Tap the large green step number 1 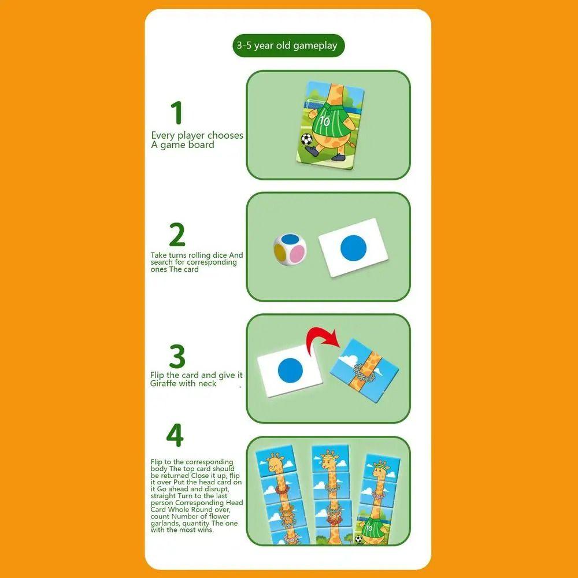click(176, 113)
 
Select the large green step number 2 click(177, 235)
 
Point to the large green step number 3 click(177, 357)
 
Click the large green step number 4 click(175, 435)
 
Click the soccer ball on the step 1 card click(306, 140)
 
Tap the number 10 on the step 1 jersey click(324, 122)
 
